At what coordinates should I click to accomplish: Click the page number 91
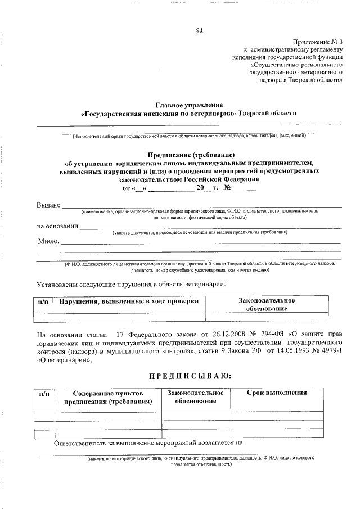pyautogui.click(x=200, y=31)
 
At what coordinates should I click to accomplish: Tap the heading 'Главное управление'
pyautogui.click(x=189, y=105)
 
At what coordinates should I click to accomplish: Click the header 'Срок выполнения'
pyautogui.click(x=277, y=393)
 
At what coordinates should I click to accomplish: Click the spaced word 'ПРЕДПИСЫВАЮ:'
pyautogui.click(x=189, y=375)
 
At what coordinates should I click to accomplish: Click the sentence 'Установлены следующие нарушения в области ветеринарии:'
pyautogui.click(x=132, y=284)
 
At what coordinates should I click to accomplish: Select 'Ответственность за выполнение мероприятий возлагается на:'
pyautogui.click(x=149, y=443)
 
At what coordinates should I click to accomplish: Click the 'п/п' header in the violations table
pyautogui.click(x=43, y=301)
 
